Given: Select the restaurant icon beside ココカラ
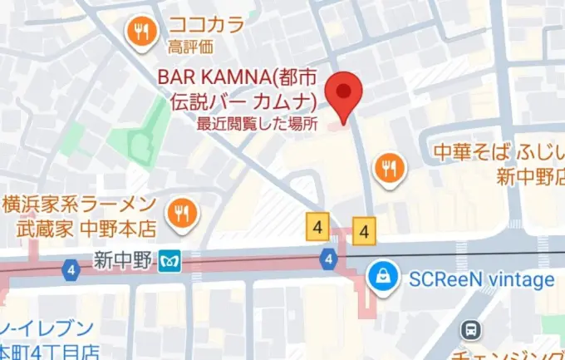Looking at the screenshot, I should [x=142, y=32].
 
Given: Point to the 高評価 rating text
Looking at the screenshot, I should [x=190, y=46].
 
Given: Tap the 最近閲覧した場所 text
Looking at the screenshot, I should [x=258, y=125].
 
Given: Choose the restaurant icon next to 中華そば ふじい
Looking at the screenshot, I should [x=388, y=168].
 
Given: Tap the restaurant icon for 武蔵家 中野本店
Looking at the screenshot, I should [x=179, y=214].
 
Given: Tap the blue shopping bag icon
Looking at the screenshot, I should [x=384, y=278].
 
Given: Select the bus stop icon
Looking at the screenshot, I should [x=472, y=330].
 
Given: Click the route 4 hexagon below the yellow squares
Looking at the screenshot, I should [x=330, y=260].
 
